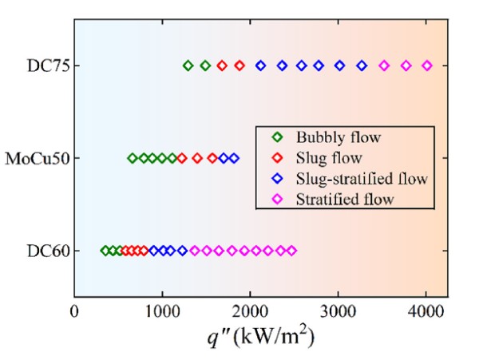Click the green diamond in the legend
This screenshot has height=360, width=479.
[275, 136]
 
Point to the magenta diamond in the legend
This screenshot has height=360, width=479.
[275, 198]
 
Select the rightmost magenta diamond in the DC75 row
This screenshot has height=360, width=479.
[426, 65]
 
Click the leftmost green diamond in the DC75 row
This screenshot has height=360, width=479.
[188, 65]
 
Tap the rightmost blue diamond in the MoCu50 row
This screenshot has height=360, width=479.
[234, 158]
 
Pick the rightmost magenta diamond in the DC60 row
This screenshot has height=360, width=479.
[291, 251]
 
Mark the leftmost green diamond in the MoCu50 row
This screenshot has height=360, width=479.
[133, 158]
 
